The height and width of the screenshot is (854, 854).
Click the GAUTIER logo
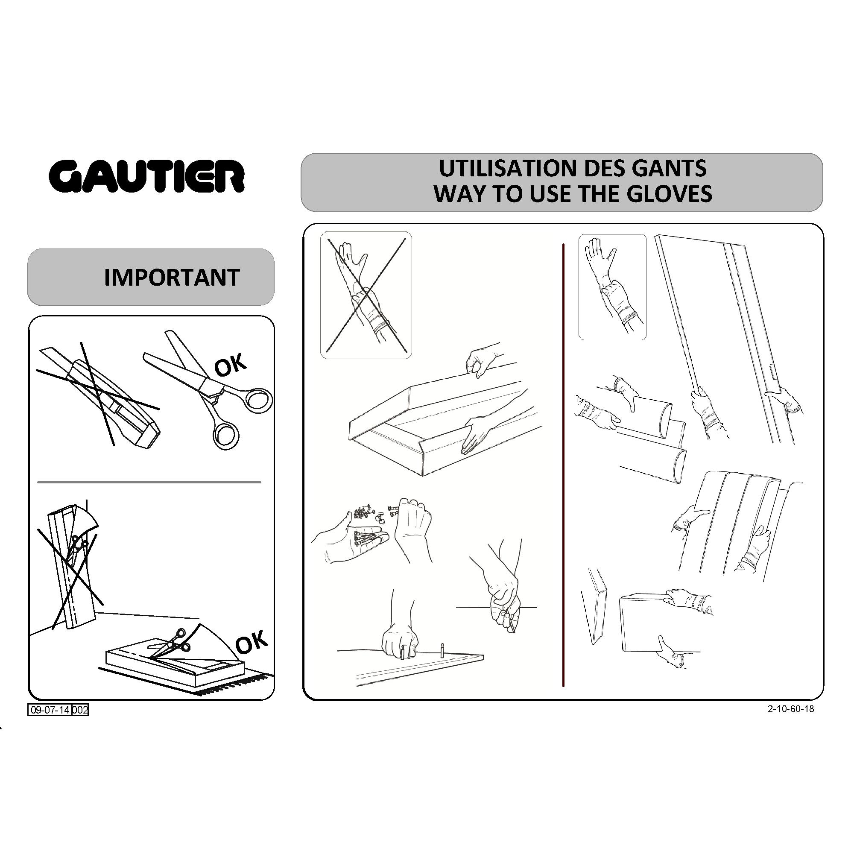[146, 175]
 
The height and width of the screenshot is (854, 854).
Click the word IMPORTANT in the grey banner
[172, 278]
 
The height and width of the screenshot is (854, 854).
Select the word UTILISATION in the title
[507, 168]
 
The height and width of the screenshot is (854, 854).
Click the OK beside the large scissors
[230, 365]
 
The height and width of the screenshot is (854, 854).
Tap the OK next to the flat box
[252, 642]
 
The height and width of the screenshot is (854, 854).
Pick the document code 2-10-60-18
[791, 709]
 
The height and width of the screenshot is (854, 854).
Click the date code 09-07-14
[50, 711]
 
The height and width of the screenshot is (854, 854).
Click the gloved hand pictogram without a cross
[612, 287]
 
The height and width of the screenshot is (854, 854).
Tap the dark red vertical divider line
[563, 465]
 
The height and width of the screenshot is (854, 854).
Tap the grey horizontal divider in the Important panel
[149, 482]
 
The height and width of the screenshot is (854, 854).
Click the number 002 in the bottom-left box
[80, 711]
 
